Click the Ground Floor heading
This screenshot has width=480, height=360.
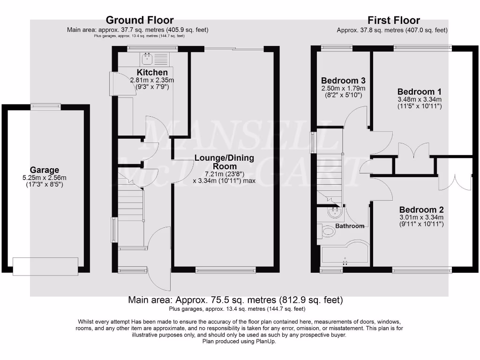click(x=140, y=20)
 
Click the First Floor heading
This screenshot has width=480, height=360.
click(x=393, y=20)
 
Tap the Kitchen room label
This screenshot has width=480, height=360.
click(x=152, y=73)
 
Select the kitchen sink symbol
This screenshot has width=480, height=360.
click(x=147, y=59)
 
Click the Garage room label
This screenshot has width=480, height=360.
click(x=45, y=170)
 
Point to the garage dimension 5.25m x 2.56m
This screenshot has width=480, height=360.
click(x=45, y=178)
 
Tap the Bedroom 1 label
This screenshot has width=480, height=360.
click(x=419, y=91)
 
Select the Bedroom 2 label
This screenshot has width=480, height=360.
click(x=421, y=210)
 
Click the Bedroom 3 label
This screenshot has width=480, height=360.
click(x=343, y=81)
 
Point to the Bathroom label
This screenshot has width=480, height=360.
click(x=350, y=226)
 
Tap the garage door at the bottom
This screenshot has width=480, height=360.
click(x=45, y=267)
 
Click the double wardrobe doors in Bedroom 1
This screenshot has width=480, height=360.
click(x=413, y=150)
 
